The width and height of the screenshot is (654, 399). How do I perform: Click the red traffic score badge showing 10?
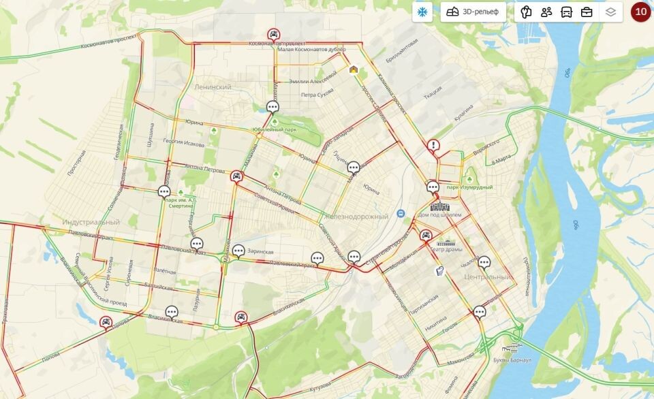pos(640,12)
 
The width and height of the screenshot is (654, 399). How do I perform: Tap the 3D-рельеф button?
pos(473,12)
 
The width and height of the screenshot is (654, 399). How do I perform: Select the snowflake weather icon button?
pos(422,12)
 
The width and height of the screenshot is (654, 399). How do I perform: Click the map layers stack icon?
pos(610,12)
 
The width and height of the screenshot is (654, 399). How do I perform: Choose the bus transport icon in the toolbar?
pos(566,12)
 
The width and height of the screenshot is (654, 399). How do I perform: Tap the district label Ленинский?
pos(213,87)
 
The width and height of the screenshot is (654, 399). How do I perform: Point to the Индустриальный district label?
pos(91,223)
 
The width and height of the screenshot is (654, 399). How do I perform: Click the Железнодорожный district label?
pos(355,217)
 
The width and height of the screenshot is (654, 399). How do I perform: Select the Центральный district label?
pos(486,277)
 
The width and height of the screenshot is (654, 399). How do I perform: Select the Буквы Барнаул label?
pos(511,359)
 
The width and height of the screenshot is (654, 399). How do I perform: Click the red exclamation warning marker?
pos(433,145)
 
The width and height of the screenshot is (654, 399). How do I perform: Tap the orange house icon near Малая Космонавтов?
pos(354,69)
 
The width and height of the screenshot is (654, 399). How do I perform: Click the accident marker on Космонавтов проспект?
pos(273,35)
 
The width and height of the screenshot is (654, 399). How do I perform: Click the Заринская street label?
pos(261,251)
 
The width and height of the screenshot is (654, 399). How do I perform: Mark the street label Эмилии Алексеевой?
pos(313,80)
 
